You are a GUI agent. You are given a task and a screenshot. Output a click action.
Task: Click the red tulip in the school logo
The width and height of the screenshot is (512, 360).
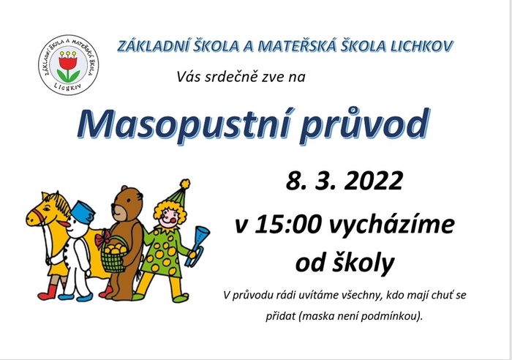[x=68, y=62]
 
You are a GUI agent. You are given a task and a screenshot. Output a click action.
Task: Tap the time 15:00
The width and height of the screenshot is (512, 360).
[x=287, y=225]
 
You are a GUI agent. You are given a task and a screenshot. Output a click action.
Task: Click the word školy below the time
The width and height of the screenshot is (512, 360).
[x=363, y=264]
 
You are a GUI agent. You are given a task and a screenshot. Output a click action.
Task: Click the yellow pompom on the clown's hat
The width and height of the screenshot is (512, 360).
[x=185, y=184]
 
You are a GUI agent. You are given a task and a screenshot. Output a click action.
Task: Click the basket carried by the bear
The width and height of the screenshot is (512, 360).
[x=113, y=255]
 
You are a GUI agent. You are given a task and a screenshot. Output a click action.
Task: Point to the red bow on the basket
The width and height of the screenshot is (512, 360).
[x=102, y=239]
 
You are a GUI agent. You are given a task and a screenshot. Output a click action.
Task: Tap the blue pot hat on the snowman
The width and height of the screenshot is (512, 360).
[x=83, y=211]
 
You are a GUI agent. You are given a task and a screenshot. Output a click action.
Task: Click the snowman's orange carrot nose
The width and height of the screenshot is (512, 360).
[x=64, y=225]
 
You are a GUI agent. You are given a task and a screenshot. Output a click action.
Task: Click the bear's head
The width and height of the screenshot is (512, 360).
[x=127, y=204]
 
